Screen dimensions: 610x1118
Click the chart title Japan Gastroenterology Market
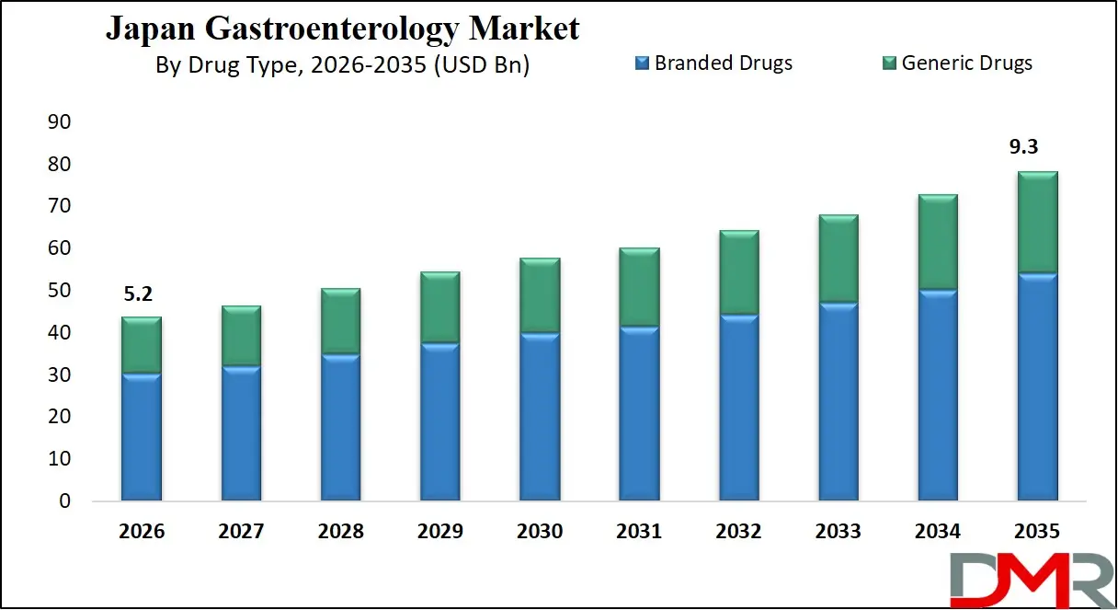point(342,29)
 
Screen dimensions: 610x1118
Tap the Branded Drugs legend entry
point(713,63)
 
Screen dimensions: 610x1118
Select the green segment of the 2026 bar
point(141,345)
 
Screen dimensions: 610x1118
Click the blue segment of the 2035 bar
point(1036,386)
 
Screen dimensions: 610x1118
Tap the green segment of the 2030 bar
point(539,295)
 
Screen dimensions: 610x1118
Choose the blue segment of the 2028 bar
point(340,427)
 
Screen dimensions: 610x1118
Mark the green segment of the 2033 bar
point(838,259)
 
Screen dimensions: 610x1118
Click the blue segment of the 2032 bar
point(738,408)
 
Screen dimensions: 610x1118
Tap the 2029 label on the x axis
point(439,532)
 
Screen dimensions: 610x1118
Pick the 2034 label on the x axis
point(937,532)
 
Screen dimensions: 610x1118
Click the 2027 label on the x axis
point(241,532)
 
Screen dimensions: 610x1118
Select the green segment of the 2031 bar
point(639,287)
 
